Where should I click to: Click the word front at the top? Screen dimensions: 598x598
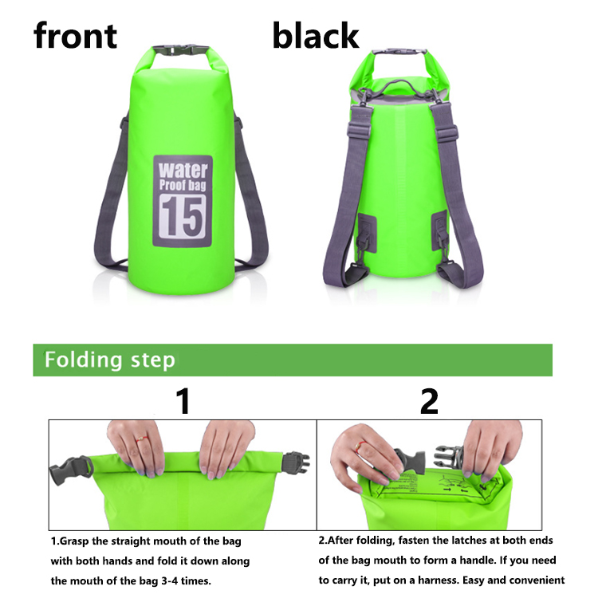pos(75,35)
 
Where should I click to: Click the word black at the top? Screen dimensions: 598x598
pos(316,35)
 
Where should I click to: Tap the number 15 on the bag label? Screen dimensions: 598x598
pos(183,216)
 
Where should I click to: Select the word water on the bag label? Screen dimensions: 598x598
pos(183,170)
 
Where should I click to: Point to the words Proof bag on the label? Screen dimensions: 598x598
pos(183,185)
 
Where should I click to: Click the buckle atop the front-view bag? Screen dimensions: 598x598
pos(181,50)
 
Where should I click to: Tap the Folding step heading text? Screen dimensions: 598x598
pos(110,360)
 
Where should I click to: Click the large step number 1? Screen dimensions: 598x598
pos(183,401)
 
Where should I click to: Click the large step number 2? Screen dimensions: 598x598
pos(430,401)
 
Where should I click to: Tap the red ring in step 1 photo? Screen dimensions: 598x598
pos(142,439)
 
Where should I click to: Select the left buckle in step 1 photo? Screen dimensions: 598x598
pos(71,470)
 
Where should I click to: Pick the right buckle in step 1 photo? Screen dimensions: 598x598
pos(295,462)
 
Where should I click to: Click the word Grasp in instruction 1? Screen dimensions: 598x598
pos(75,541)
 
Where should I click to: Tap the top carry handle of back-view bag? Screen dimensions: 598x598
pos(399,85)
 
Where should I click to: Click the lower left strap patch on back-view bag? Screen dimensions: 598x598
pos(367,233)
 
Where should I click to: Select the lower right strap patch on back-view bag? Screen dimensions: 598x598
pos(439,230)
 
